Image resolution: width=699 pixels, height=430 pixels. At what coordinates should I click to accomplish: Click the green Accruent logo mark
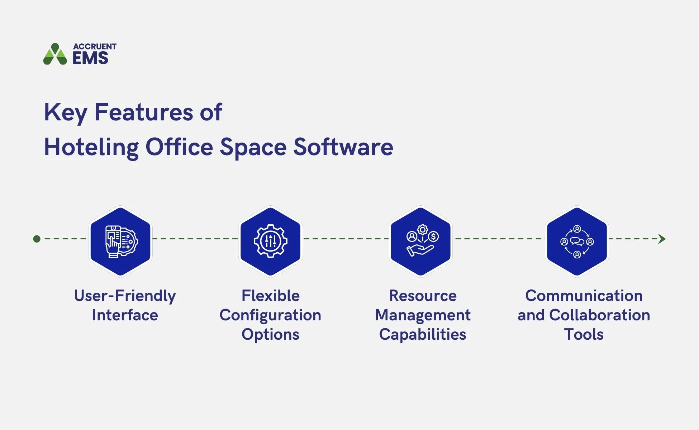click(x=55, y=54)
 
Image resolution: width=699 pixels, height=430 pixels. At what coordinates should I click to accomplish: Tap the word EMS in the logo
click(x=90, y=58)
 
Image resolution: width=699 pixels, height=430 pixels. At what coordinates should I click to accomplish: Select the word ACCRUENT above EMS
click(x=95, y=47)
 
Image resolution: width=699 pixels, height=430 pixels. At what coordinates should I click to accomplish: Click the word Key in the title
click(x=65, y=113)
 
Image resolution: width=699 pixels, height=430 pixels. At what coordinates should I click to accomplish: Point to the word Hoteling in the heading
click(x=91, y=147)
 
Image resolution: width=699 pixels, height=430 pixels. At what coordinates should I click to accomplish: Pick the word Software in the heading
click(x=343, y=147)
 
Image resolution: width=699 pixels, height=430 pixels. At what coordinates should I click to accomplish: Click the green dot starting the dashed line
click(x=37, y=239)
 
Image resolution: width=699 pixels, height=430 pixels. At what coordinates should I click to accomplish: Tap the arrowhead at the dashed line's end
click(x=662, y=239)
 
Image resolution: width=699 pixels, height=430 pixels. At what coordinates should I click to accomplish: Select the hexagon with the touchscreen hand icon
click(x=120, y=241)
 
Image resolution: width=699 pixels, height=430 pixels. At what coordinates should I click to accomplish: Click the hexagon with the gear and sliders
click(x=271, y=241)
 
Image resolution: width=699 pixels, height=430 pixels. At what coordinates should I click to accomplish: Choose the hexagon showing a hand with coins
click(x=421, y=241)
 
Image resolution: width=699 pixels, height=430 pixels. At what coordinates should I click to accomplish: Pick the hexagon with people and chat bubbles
click(x=577, y=241)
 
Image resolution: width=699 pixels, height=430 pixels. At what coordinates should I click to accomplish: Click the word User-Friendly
click(x=125, y=296)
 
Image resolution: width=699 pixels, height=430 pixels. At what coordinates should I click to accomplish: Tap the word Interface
click(x=125, y=315)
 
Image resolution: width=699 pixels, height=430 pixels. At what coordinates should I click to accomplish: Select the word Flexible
click(x=271, y=296)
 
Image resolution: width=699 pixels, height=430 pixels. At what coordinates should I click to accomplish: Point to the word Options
click(x=271, y=335)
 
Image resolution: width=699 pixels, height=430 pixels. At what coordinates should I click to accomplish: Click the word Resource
click(x=423, y=296)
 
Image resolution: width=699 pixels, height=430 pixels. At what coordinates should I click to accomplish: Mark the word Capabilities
click(x=423, y=335)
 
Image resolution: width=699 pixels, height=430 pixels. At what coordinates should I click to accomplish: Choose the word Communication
click(x=584, y=296)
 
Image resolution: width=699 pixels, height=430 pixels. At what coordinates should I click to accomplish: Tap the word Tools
click(x=584, y=335)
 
